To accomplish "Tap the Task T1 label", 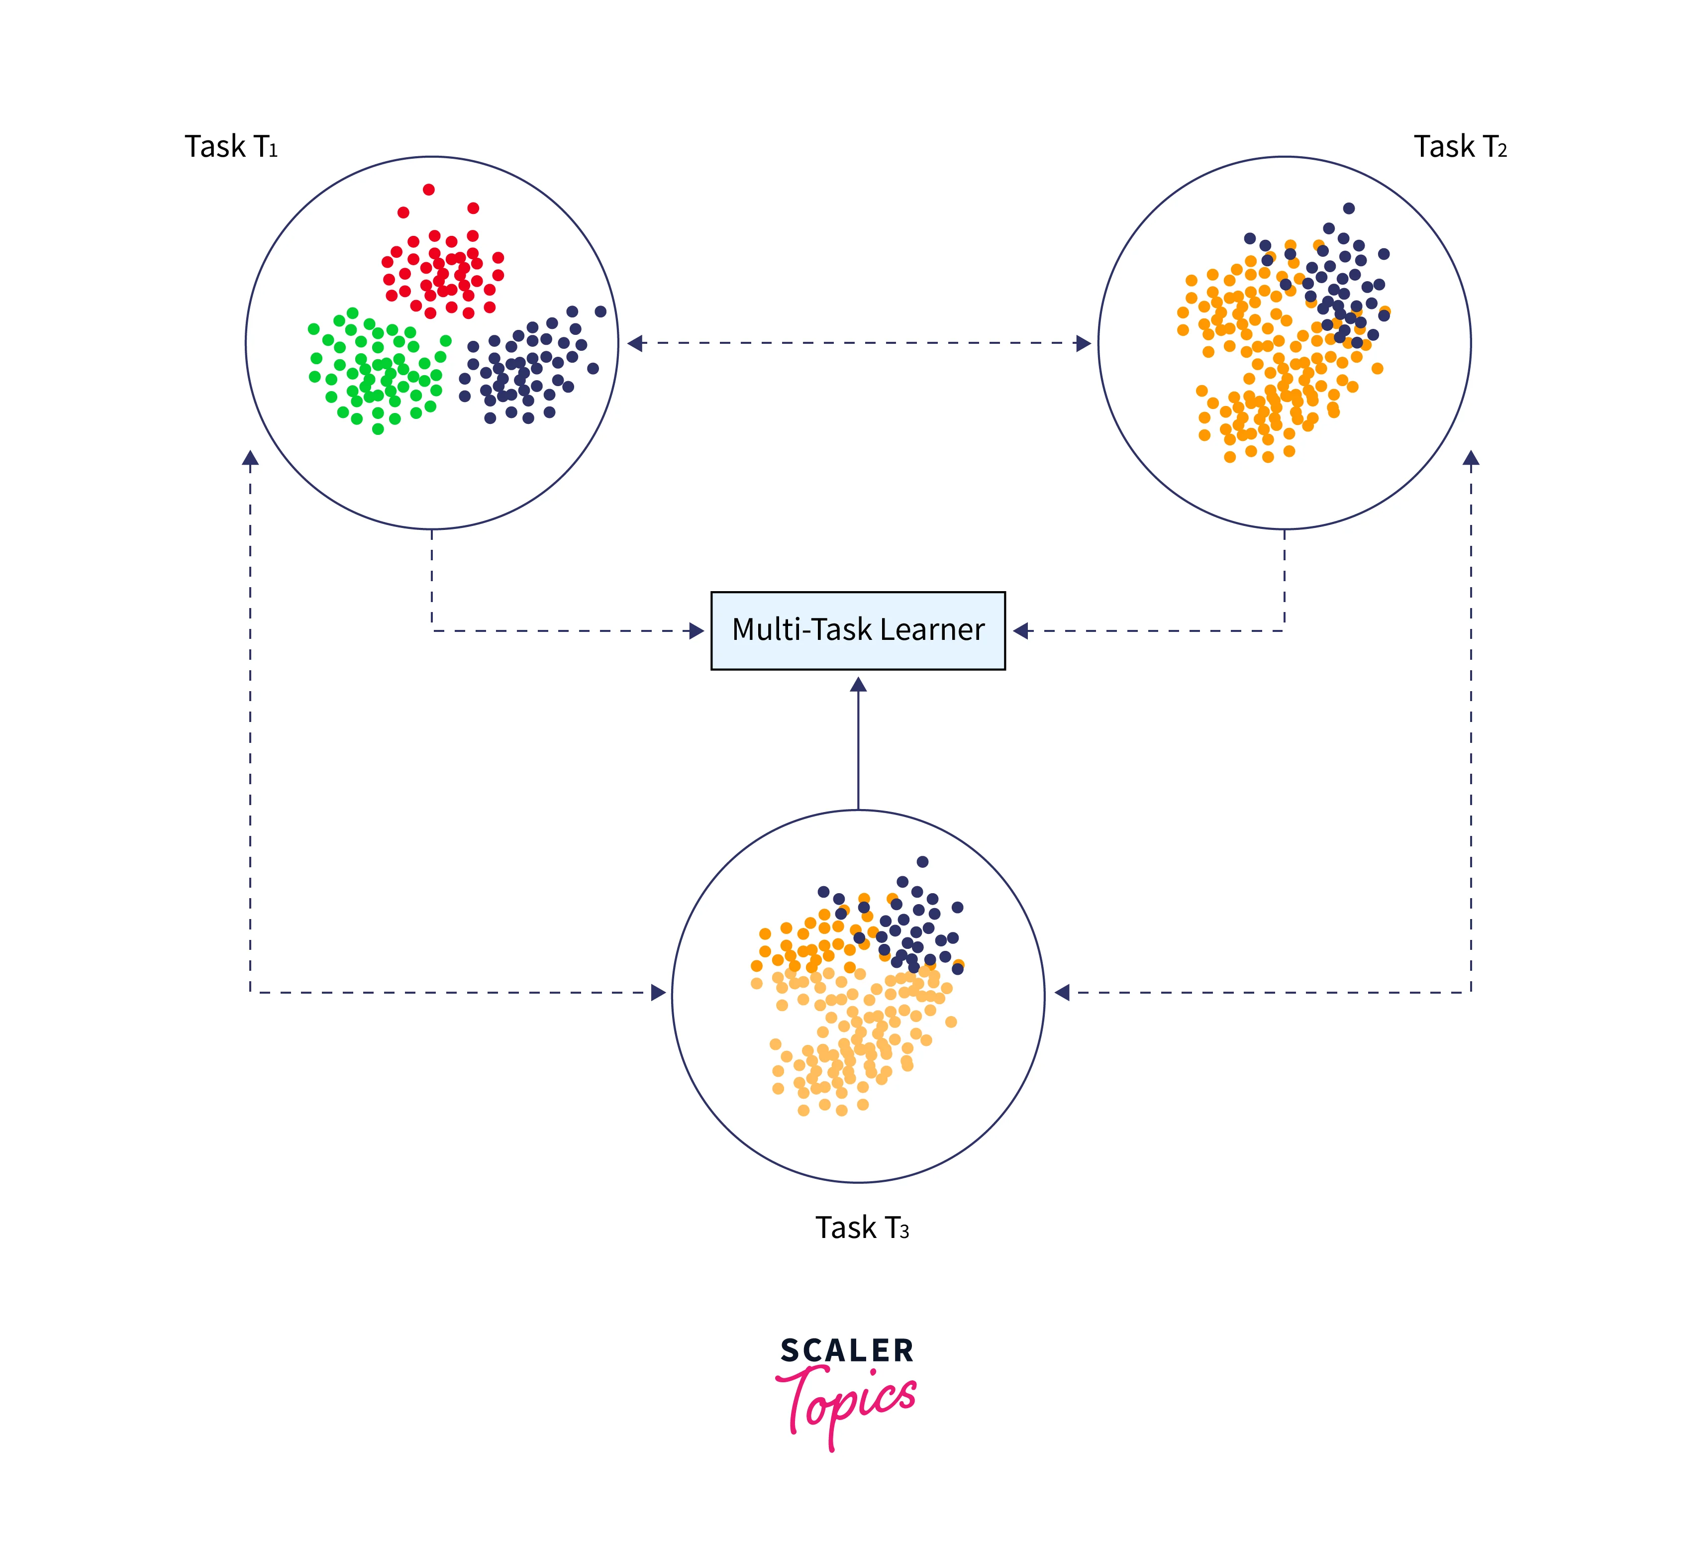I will [x=231, y=147].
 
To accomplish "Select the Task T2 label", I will [x=1460, y=147].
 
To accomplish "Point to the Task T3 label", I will [x=862, y=1228].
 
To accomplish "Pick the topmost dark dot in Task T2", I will [x=1349, y=208].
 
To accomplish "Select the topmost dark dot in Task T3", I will [x=922, y=861].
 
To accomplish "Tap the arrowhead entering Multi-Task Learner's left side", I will [x=697, y=630].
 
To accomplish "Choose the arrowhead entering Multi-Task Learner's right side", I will [x=1020, y=630].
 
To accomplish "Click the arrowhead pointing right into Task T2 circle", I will [x=1084, y=342].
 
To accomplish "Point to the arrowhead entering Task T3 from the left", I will [x=659, y=993].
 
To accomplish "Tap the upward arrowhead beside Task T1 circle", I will [x=250, y=458].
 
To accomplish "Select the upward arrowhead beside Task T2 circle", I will [x=1471, y=458].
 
